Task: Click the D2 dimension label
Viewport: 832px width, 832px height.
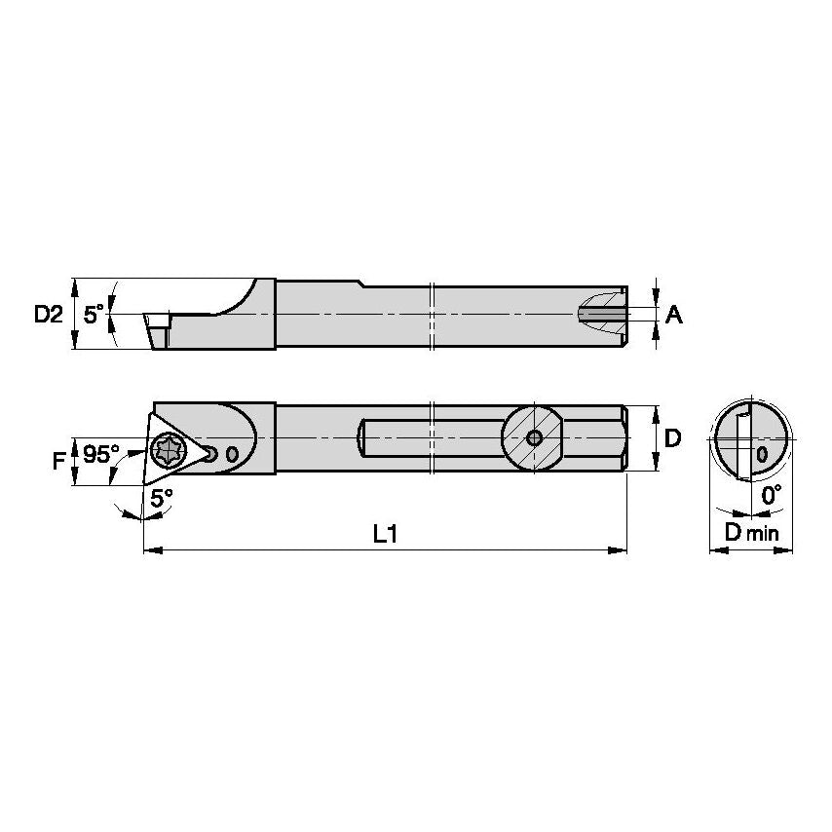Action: coord(48,314)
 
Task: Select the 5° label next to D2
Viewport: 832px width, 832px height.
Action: coord(93,314)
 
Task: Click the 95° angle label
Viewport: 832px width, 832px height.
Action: coord(100,454)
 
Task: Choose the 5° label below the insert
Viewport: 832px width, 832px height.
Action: coord(162,496)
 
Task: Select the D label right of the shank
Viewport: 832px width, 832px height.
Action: coord(672,438)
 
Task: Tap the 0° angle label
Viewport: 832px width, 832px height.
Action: coord(772,496)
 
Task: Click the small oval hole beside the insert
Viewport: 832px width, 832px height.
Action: coord(231,454)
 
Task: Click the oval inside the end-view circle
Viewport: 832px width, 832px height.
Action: coord(762,453)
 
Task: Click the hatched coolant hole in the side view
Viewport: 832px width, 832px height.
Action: coord(599,314)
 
